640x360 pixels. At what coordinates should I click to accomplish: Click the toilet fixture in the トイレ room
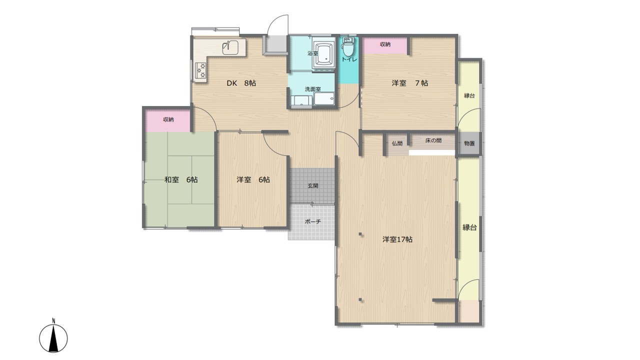pos(347,47)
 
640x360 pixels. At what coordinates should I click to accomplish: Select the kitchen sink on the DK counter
pos(230,47)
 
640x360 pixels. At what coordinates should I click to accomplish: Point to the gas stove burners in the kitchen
pos(201,70)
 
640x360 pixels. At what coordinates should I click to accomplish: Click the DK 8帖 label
pos(241,83)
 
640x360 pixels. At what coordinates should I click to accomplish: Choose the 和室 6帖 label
pos(181,179)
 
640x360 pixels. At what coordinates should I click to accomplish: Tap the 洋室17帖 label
pos(397,239)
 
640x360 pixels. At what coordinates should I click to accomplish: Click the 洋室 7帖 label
pos(409,83)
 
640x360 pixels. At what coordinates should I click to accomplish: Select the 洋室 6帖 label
pos(253,179)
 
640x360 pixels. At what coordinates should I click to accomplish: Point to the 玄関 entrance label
pos(313,185)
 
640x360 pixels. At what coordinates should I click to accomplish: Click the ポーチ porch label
pos(313,221)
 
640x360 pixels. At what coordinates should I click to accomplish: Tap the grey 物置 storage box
pos(469,143)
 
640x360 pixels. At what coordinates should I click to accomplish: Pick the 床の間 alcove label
pos(433,140)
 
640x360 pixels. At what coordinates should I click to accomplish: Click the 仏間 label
pos(397,143)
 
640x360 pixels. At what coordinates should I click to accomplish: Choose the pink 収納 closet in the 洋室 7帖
pos(385,45)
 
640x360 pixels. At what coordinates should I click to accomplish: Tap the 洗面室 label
pos(313,89)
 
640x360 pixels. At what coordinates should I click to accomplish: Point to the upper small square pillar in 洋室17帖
pos(360,234)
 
